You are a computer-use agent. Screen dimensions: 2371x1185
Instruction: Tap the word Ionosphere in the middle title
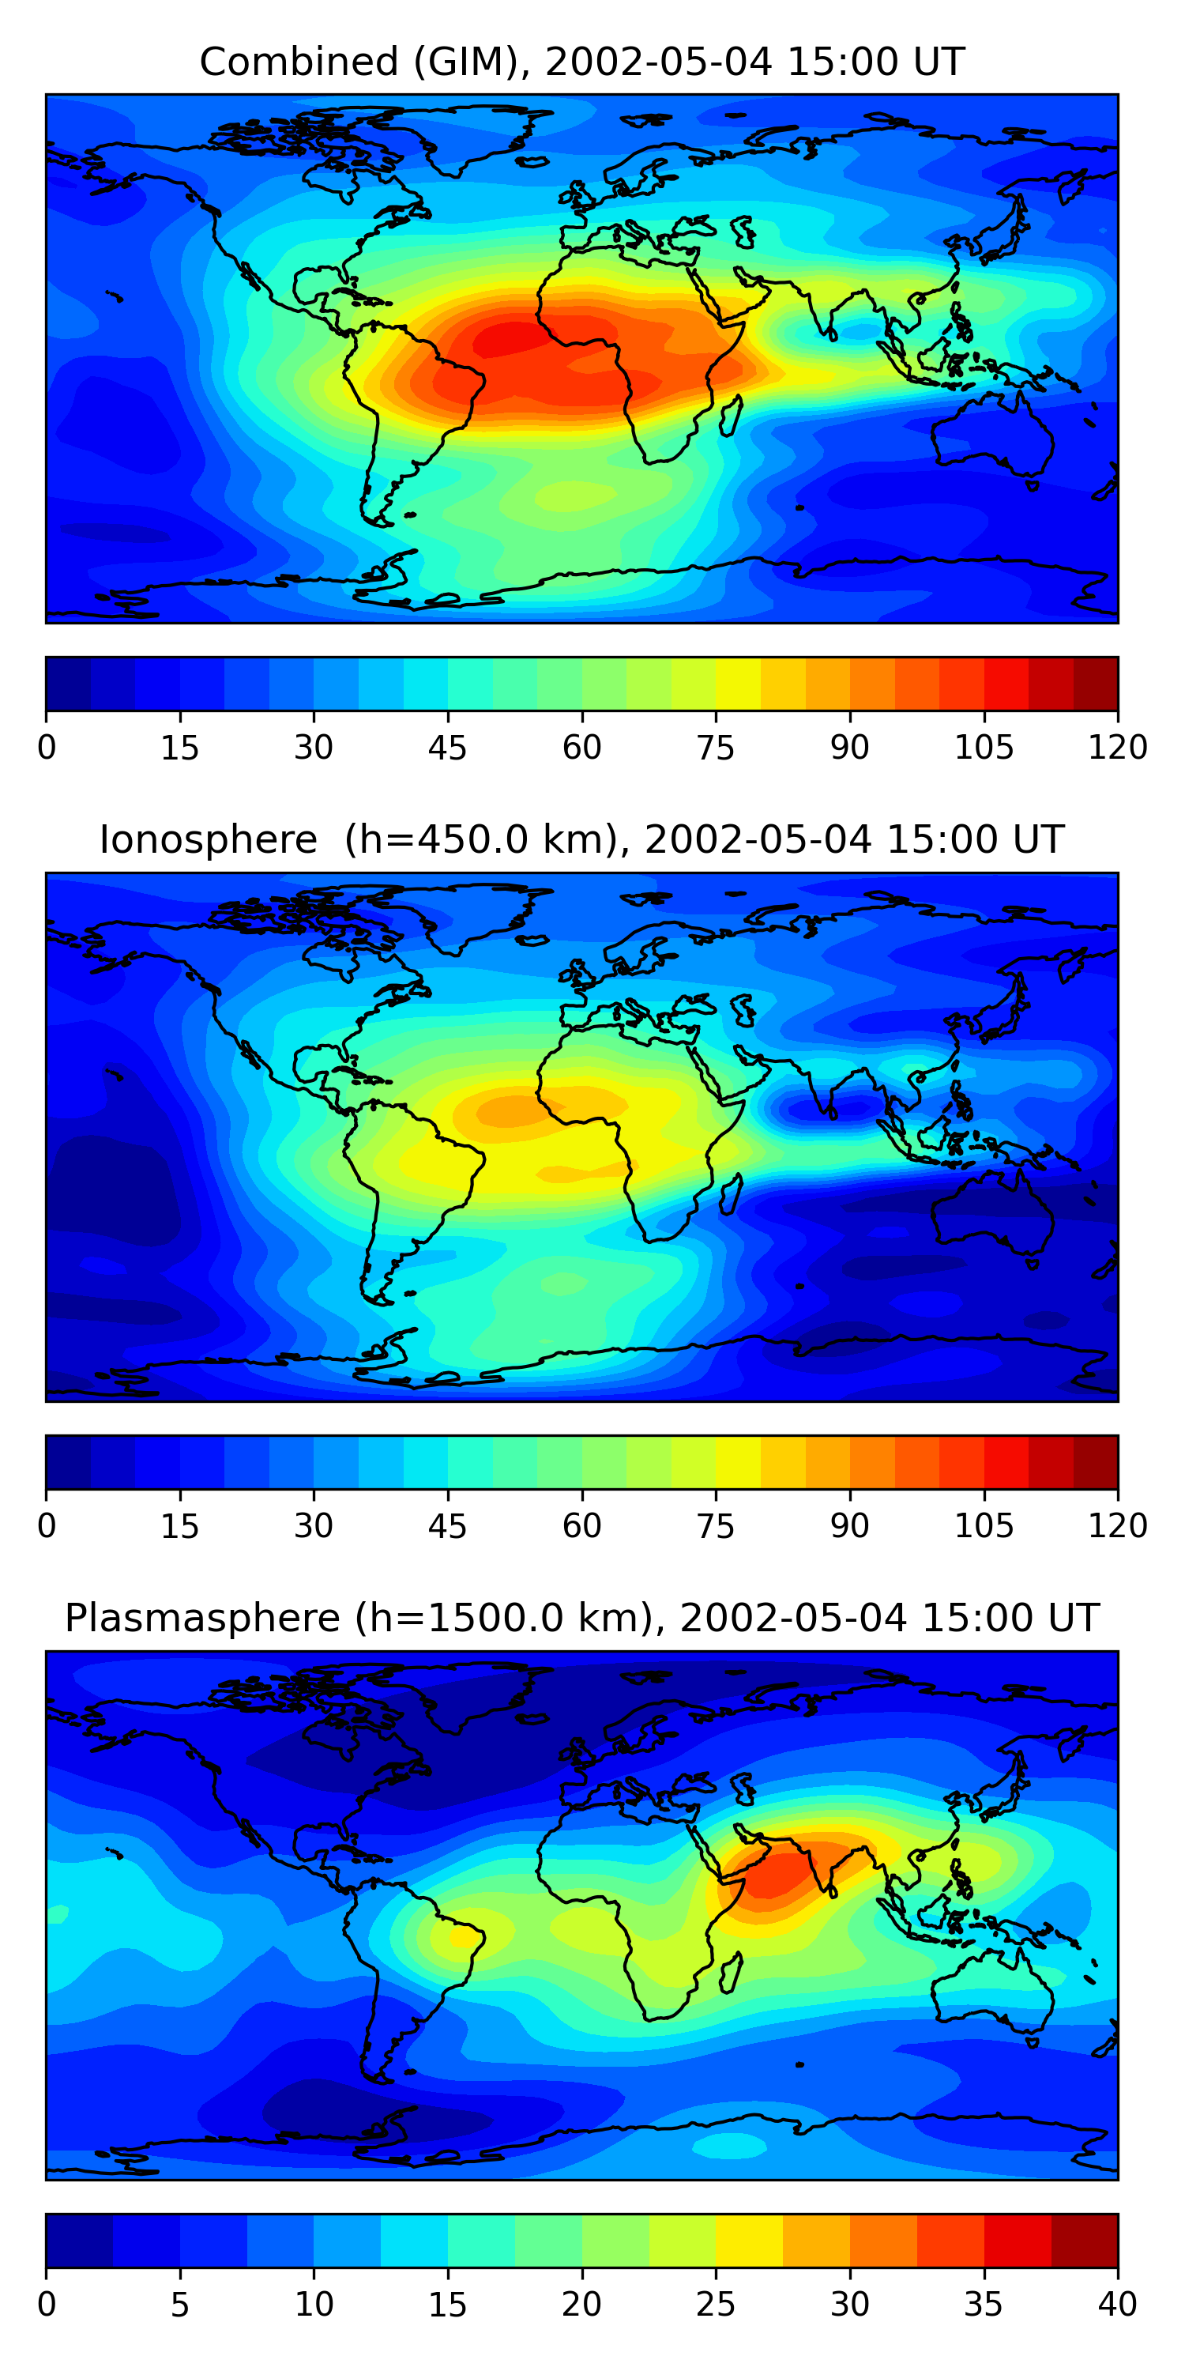pyautogui.click(x=208, y=840)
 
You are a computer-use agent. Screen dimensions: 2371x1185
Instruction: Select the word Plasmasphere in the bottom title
pyautogui.click(x=202, y=1618)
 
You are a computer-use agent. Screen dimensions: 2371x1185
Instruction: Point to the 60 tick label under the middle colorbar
pyautogui.click(x=581, y=1525)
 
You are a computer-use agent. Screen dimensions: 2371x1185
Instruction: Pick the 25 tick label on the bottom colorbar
pyautogui.click(x=715, y=2304)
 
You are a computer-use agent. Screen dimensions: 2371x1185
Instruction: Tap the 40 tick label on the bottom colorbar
pyautogui.click(x=1117, y=2304)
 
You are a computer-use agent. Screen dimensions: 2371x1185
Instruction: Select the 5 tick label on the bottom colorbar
pyautogui.click(x=179, y=2304)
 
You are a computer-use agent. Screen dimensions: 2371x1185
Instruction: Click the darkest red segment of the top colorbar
pyautogui.click(x=1095, y=684)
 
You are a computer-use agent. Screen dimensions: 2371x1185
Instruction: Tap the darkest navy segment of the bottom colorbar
pyautogui.click(x=79, y=2241)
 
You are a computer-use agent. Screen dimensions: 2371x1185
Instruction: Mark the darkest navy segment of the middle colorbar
pyautogui.click(x=68, y=1461)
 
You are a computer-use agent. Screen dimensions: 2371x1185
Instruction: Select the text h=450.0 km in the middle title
pyautogui.click(x=479, y=840)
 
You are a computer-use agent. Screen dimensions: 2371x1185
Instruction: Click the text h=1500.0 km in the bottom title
pyautogui.click(x=506, y=1618)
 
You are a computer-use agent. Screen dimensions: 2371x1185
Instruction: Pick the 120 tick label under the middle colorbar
pyautogui.click(x=1117, y=1525)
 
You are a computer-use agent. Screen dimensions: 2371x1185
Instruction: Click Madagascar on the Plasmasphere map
pyautogui.click(x=732, y=1973)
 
